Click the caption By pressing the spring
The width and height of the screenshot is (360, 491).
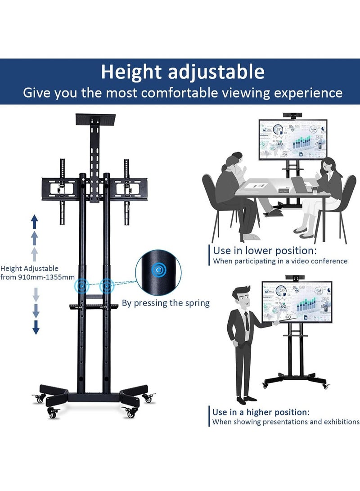coord(166,303)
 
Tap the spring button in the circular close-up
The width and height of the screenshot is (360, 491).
coord(158,270)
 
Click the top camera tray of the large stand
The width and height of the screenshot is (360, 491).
coord(95,118)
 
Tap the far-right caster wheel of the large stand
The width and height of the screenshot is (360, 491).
coord(148,398)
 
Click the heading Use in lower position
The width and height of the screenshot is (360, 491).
coord(265,250)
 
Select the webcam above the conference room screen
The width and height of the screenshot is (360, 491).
coord(293,116)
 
